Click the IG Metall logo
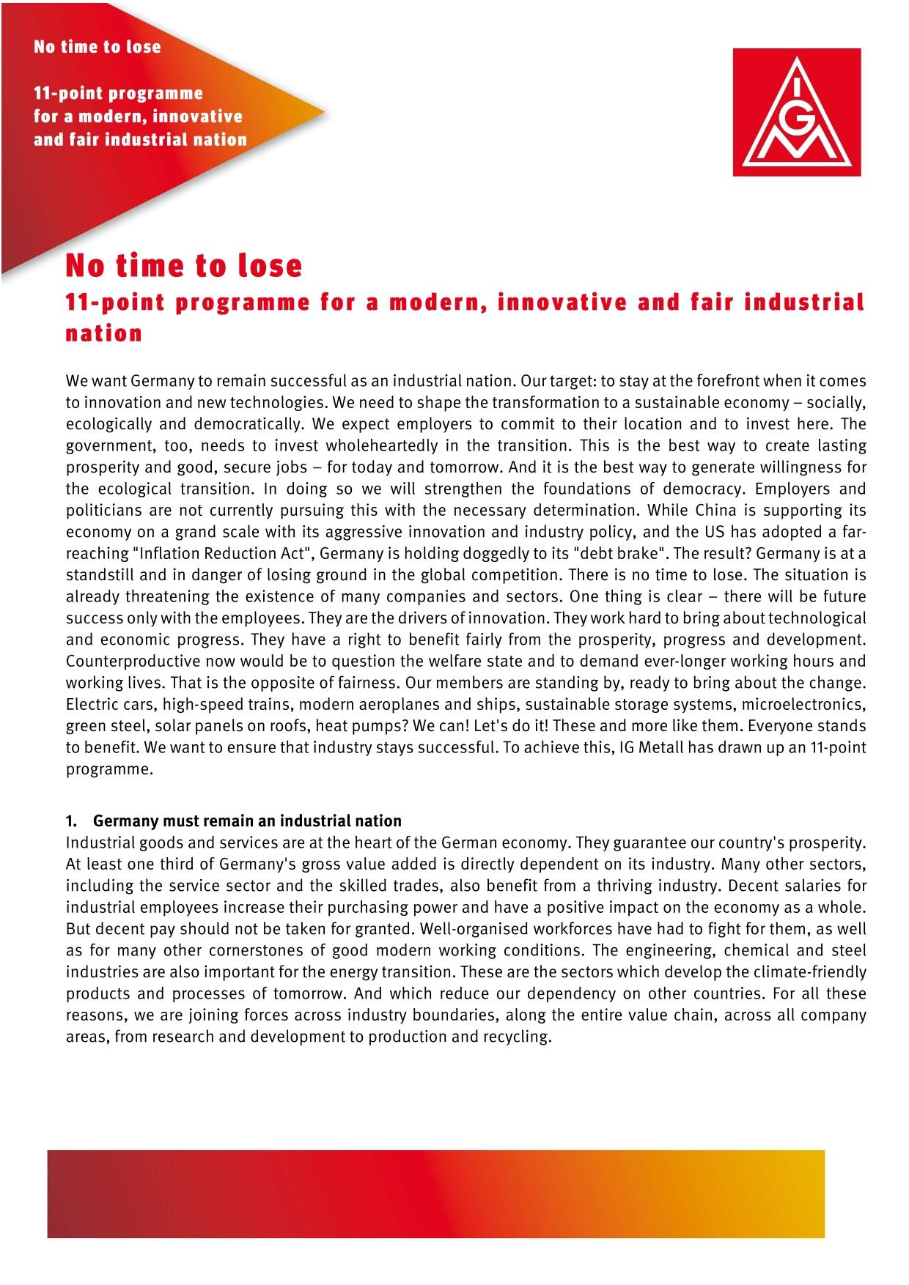coord(797,112)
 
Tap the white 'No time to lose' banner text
coord(97,47)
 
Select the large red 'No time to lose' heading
coord(184,265)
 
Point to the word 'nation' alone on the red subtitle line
coord(104,333)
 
